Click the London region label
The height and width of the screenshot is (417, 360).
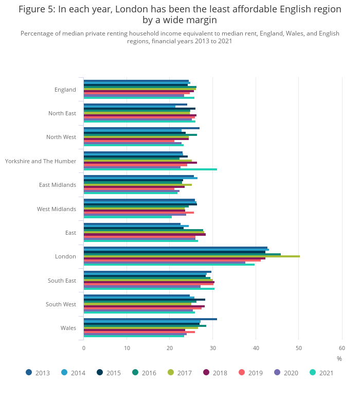pyautogui.click(x=65, y=256)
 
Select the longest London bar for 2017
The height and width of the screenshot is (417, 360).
pyautogui.click(x=191, y=256)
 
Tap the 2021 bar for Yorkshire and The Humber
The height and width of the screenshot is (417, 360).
pyautogui.click(x=150, y=169)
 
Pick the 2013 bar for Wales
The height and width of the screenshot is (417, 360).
pyautogui.click(x=150, y=319)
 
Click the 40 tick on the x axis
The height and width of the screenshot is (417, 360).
pyautogui.click(x=256, y=348)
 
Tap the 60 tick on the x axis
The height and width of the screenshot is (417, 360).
pyautogui.click(x=342, y=348)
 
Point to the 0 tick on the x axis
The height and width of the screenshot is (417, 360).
pyautogui.click(x=84, y=348)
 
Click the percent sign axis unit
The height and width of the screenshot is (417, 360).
pyautogui.click(x=339, y=358)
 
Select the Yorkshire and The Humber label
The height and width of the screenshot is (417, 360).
pyautogui.click(x=41, y=161)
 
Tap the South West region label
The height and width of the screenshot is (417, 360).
pyautogui.click(x=61, y=304)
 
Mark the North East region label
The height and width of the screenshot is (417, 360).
pyautogui.click(x=62, y=113)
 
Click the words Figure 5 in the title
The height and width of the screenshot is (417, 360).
pyautogui.click(x=37, y=9)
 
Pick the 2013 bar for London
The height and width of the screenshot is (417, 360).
pyautogui.click(x=175, y=247)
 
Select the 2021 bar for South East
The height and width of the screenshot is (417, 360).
pyautogui.click(x=149, y=288)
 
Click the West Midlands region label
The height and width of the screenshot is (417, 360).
pyautogui.click(x=57, y=209)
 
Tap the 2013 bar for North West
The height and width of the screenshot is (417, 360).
pyautogui.click(x=141, y=128)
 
